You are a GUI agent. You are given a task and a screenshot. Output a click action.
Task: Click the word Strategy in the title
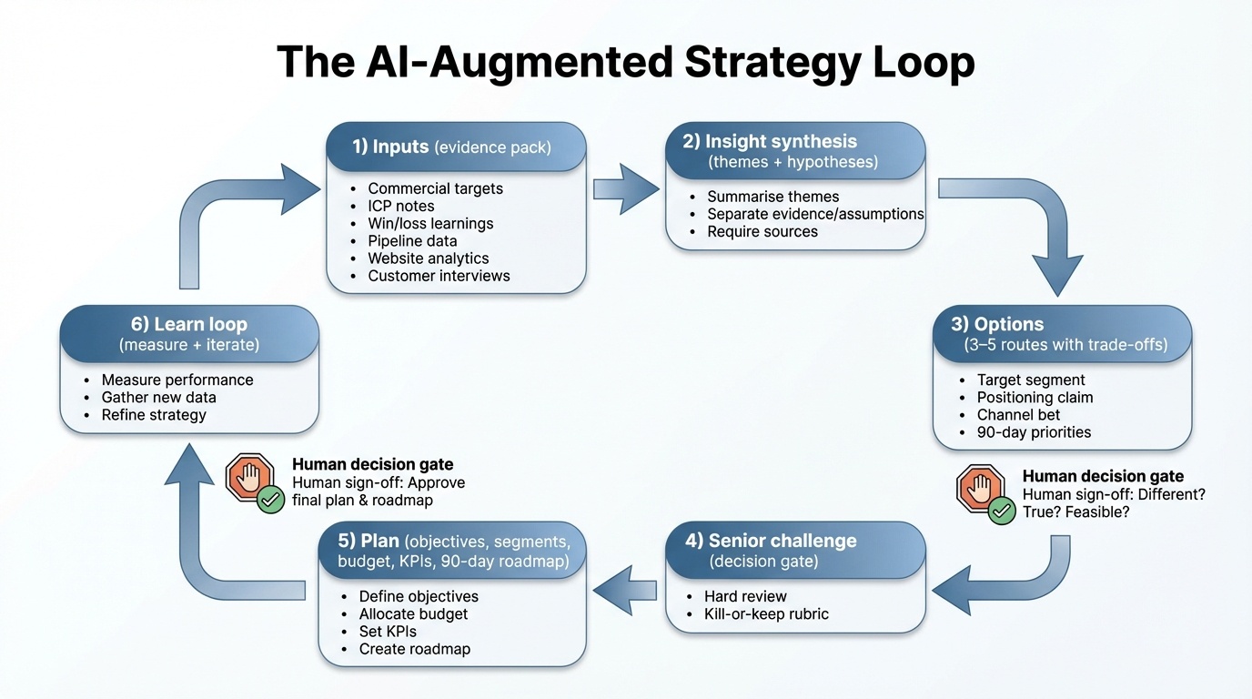770,62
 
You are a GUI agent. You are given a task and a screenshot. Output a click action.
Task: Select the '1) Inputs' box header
455,147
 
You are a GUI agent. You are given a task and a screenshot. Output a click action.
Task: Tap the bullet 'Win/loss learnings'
430,223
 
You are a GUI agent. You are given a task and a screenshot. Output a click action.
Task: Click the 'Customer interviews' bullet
439,276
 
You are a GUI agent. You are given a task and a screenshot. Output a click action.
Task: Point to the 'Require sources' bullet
762,231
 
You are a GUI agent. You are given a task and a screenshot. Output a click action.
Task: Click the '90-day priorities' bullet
1034,432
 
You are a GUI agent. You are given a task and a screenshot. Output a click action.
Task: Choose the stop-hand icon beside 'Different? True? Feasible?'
980,489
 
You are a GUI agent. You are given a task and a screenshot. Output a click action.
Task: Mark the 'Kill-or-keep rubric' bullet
766,613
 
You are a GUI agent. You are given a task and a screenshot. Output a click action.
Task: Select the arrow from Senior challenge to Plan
624,590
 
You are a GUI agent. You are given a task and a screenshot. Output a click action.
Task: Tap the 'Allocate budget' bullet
413,614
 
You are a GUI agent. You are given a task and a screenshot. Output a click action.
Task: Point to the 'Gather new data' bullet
158,398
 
